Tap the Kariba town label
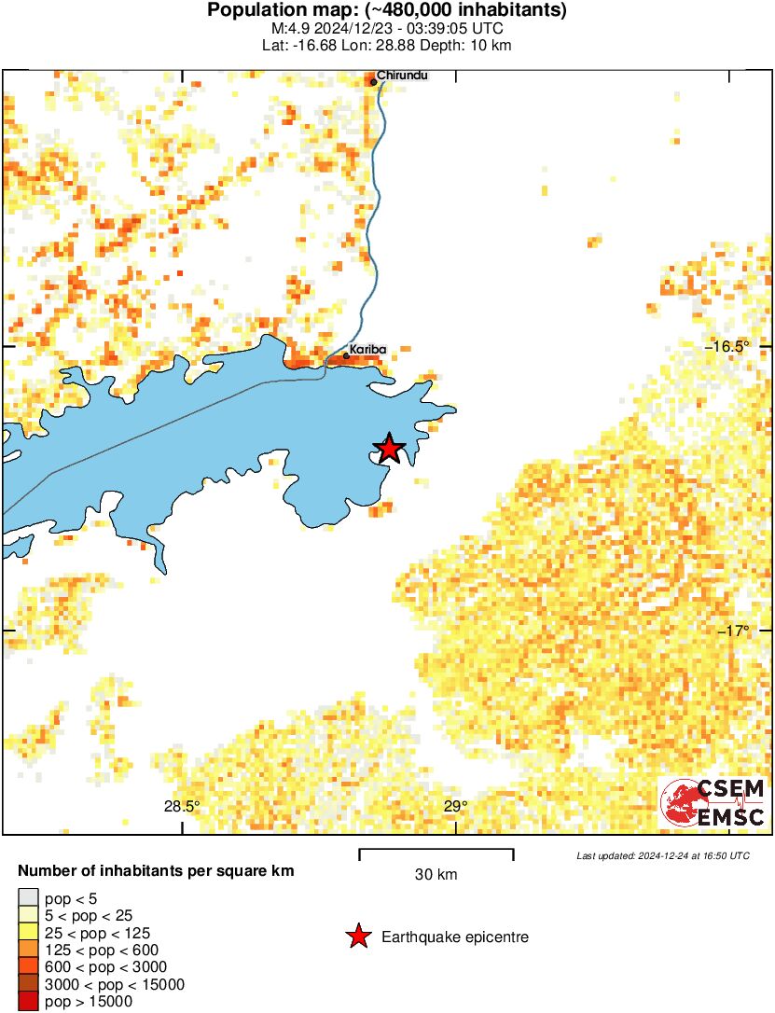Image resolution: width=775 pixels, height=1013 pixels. [x=367, y=350]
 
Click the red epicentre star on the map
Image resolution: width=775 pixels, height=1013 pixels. [x=389, y=449]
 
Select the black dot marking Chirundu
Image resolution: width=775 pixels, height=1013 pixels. [x=374, y=82]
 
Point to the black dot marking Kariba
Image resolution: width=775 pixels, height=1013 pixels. [x=346, y=355]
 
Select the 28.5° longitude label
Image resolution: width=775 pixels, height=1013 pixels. [x=182, y=807]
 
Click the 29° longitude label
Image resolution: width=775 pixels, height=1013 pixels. [x=455, y=807]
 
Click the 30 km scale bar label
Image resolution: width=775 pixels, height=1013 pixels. [x=436, y=874]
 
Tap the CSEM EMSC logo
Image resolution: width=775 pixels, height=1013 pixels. [x=713, y=802]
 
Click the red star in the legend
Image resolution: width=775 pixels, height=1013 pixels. [x=358, y=937]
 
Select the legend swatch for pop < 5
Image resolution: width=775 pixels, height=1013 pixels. [x=28, y=898]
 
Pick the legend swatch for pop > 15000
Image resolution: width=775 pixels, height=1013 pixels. [x=28, y=1002]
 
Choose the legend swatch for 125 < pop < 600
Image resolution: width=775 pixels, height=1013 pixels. [x=28, y=951]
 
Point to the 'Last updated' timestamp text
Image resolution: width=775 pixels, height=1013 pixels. [x=662, y=855]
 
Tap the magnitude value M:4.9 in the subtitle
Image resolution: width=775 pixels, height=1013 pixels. [x=289, y=28]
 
